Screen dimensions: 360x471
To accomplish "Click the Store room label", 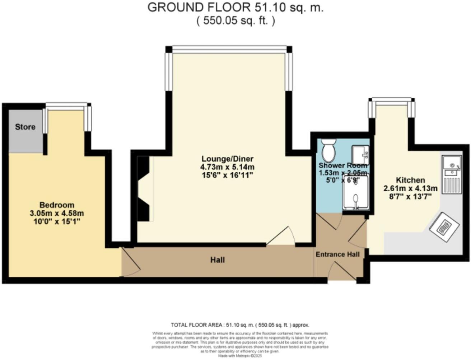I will [25, 127].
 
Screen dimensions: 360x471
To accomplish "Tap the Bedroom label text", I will [57, 205].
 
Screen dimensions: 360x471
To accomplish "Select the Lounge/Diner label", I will [227, 159].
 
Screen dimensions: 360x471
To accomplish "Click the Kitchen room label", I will [410, 180].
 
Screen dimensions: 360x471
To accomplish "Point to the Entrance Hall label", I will [337, 254].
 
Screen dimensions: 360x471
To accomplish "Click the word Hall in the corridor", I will [218, 260].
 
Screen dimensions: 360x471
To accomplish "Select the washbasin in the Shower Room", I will [360, 154].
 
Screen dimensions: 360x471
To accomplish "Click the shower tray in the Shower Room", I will [355, 194].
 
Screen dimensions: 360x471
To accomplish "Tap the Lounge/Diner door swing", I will [282, 237].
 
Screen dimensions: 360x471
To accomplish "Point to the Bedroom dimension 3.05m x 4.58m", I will [57, 213].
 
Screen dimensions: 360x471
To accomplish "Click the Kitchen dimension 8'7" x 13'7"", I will [410, 196].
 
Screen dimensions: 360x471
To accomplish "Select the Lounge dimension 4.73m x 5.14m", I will [227, 167].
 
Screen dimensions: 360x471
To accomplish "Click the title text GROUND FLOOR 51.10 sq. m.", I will [235, 8].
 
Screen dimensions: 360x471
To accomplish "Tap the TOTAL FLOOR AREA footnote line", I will [240, 325].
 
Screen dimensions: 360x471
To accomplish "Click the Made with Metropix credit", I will [240, 356].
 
